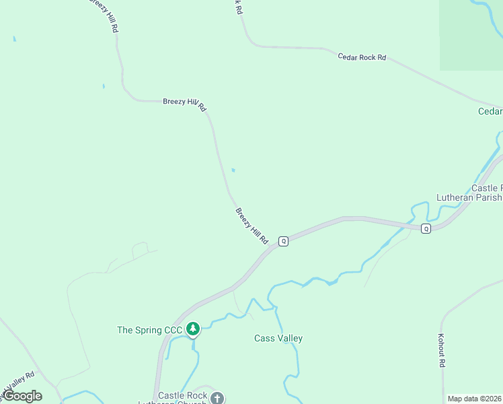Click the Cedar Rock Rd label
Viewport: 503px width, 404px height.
coord(362,57)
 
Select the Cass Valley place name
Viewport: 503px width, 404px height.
coord(278,338)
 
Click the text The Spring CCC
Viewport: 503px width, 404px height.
coord(149,330)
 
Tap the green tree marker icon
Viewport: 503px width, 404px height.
coord(194,329)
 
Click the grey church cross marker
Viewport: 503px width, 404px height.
coord(217,398)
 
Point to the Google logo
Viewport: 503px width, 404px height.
coord(22,396)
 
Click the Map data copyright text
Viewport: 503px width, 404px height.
coord(474,399)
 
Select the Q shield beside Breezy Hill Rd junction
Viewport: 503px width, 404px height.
coord(284,240)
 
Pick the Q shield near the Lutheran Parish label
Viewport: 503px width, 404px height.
coord(426,228)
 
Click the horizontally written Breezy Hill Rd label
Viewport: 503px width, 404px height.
coord(184,104)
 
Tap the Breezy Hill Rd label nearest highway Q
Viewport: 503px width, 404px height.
coord(252,226)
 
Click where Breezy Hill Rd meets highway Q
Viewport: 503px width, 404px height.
coord(274,246)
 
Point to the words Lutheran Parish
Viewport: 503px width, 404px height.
coord(469,197)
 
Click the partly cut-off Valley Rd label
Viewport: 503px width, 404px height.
coord(20,382)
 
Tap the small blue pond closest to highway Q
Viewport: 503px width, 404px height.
coord(233,170)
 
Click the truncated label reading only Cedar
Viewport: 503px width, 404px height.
coord(490,111)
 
